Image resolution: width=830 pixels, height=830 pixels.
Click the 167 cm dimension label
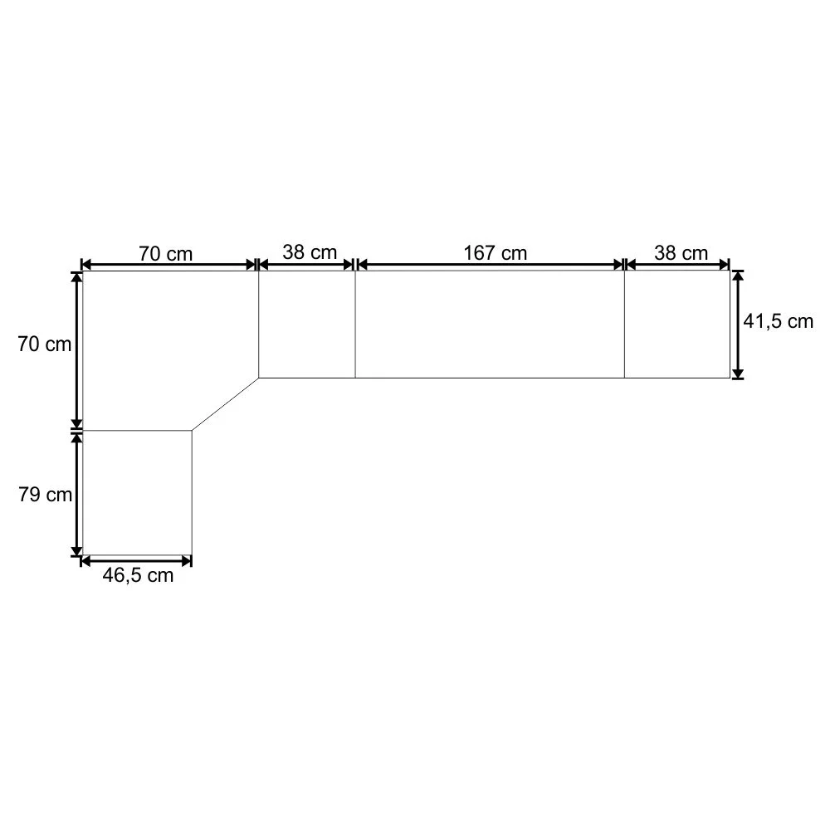coord(495,252)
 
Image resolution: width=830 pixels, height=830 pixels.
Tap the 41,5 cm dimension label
coord(778,322)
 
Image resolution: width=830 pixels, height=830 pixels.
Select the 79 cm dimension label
coord(45,495)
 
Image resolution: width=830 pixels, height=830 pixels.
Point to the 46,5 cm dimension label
coord(138,575)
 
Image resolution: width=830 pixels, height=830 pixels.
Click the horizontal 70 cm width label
coord(165,253)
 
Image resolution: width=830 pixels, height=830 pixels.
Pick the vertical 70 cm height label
coord(45,344)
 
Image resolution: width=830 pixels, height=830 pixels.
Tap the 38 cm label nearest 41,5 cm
coord(681,252)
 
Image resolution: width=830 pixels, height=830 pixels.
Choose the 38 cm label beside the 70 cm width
coord(309,251)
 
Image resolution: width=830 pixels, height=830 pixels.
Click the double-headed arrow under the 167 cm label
coord(490,265)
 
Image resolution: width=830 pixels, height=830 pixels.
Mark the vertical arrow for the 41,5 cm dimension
coord(737,324)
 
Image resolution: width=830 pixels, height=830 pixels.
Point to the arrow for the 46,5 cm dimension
coord(137,561)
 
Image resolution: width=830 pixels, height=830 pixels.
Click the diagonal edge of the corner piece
coord(226,404)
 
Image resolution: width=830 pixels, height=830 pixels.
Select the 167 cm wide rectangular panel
coord(490,324)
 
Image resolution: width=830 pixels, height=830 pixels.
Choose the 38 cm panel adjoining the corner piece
coord(307,324)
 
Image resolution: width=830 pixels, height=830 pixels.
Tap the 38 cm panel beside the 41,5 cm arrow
coord(677,324)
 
